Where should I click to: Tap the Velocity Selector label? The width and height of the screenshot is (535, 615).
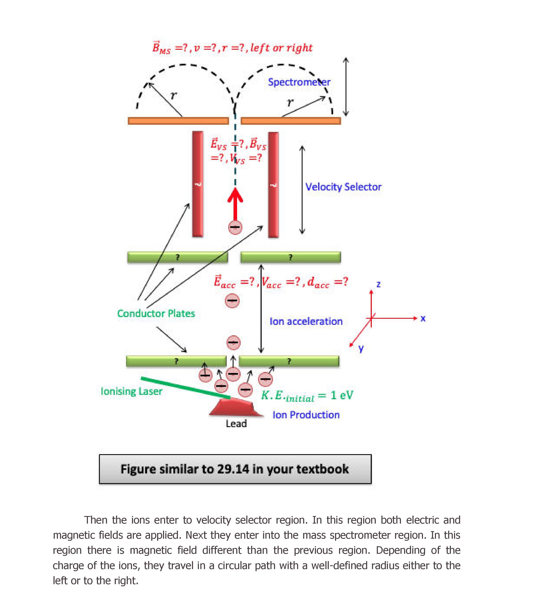[343, 187]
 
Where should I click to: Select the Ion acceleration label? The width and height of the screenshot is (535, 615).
[306, 321]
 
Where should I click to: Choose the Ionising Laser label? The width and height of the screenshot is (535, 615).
[131, 391]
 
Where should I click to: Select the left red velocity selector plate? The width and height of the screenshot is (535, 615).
[198, 184]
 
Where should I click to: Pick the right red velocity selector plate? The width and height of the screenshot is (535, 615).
[273, 185]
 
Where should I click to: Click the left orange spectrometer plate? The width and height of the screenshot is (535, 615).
[178, 121]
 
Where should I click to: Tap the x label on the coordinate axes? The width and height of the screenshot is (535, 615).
[423, 319]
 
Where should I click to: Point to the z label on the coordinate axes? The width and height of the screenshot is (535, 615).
[378, 284]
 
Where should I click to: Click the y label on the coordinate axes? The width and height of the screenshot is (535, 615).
[361, 348]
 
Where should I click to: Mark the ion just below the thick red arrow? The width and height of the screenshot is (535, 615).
[235, 227]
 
